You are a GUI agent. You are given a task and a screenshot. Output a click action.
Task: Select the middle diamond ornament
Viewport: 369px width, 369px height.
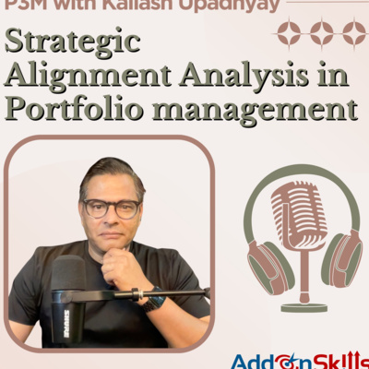click(322, 35)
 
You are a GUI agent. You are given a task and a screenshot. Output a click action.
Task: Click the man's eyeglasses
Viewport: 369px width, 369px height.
click(112, 208)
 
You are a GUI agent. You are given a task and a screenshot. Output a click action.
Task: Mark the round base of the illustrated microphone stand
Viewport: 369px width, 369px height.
click(304, 305)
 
